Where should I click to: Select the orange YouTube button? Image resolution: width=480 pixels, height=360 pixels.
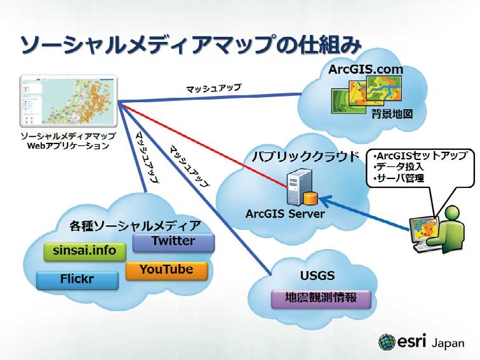click(x=166, y=270)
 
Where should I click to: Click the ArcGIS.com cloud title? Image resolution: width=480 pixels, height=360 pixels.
click(x=366, y=69)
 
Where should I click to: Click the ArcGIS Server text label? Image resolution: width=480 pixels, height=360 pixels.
click(x=285, y=214)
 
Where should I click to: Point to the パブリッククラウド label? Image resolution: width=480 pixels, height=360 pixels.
click(x=297, y=156)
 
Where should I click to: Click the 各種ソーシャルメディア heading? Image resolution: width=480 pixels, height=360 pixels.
click(x=135, y=226)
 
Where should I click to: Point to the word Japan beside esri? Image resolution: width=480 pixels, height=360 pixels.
click(x=447, y=343)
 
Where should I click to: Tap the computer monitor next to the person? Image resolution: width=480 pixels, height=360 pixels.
click(x=423, y=231)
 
